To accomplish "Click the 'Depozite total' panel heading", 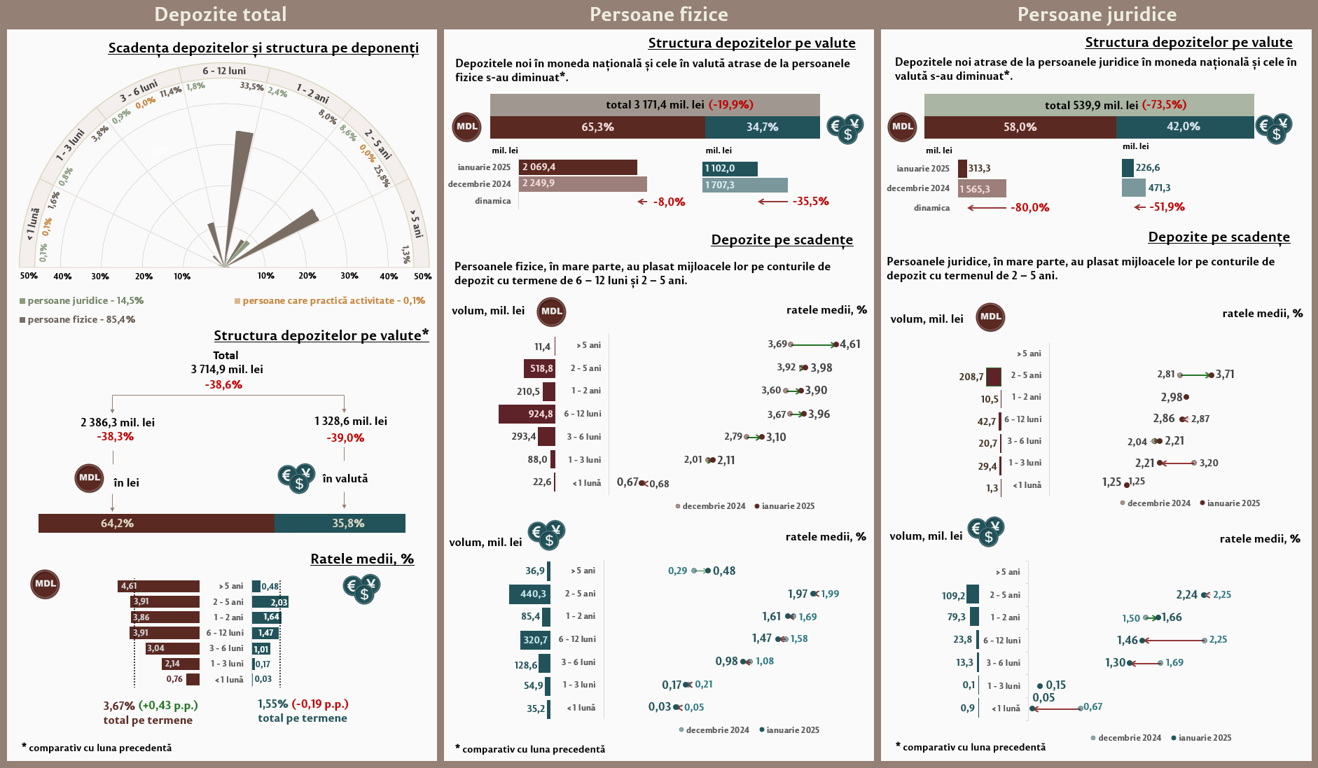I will coord(220,14).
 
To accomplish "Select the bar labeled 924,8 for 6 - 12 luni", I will coord(527,414).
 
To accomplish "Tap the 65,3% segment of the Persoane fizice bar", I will coord(597,127).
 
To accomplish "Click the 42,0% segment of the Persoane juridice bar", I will coord(1184,127).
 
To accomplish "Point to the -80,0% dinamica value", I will coord(1029,208).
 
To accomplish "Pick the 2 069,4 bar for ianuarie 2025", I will coord(578,167).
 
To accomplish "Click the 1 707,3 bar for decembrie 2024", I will coord(745,185).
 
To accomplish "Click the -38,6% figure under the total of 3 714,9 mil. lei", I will coord(223,385).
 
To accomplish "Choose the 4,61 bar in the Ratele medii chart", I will coord(159,587).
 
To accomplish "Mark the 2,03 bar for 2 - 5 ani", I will coord(270,602).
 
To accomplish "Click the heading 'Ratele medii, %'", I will coord(362,559).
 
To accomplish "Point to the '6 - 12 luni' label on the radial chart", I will coord(224,71).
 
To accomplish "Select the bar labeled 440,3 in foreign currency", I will coord(529,594).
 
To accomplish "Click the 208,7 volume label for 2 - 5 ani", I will coord(971,377).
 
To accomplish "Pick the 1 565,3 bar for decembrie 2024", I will coord(982,189).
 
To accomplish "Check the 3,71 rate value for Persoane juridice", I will coord(1225,375).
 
